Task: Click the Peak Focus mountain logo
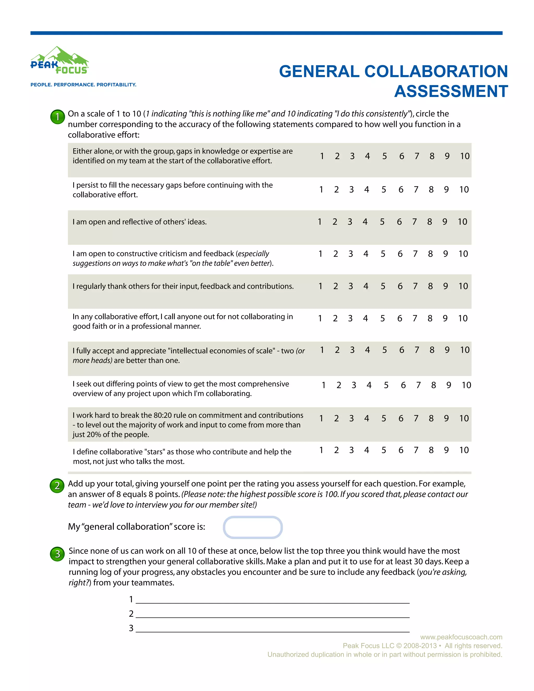59,61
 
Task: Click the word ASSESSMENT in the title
451,92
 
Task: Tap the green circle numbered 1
58,117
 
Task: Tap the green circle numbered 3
58,554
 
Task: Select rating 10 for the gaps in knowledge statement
464,156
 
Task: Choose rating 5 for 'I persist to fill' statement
384,190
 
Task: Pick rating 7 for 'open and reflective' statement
414,222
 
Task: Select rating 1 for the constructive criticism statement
320,254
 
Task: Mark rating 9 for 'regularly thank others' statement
445,286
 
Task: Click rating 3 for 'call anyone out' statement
350,318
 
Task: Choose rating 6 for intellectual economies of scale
402,350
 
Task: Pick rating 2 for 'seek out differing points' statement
339,385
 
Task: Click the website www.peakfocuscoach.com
461,637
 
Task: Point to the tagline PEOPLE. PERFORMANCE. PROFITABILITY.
83,85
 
